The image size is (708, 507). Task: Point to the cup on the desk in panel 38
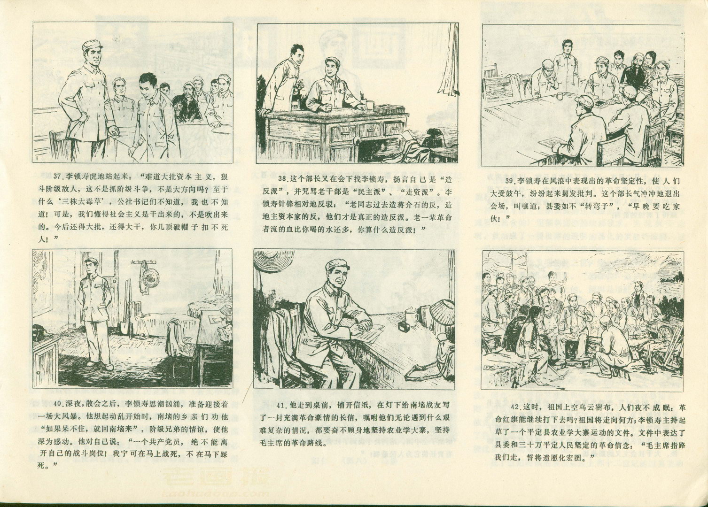(369, 105)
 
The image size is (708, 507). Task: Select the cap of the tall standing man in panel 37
(92, 46)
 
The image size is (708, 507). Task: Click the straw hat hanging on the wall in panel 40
(151, 277)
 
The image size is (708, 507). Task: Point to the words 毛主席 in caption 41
(275, 443)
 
